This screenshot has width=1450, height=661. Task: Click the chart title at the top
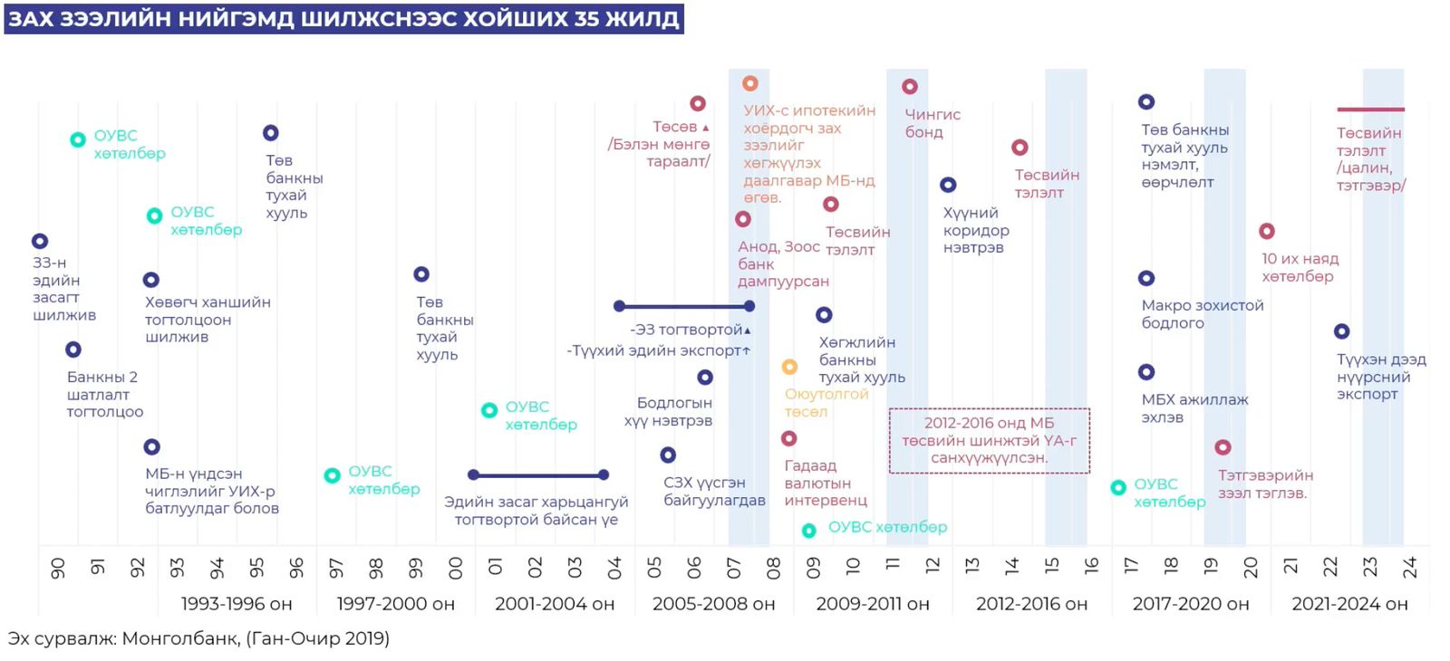coord(343,19)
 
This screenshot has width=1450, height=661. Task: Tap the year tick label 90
coord(57,569)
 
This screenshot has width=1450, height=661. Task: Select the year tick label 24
coord(1409,568)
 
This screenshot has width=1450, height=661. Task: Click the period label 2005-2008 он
coord(713,604)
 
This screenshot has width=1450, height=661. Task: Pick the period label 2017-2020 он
coord(1190,604)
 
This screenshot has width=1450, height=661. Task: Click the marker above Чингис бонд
coord(910,87)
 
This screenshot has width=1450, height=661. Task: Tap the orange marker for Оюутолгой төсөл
coord(789,367)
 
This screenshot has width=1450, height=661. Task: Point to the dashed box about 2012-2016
coord(989,441)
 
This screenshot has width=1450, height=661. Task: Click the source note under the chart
coord(198,638)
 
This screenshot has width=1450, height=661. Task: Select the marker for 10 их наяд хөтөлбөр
coord(1267,232)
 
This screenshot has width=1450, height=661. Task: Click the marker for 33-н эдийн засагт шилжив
coord(40,242)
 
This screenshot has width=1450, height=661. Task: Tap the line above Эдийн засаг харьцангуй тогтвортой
coord(537,474)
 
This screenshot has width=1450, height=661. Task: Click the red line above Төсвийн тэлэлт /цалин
coord(1370,110)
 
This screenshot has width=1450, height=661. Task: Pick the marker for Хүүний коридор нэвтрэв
coord(948,185)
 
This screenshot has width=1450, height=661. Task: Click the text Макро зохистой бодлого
coord(1202,314)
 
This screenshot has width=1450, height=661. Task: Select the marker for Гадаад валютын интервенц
coord(789,439)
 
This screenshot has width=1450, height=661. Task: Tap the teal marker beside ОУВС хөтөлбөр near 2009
coord(809,531)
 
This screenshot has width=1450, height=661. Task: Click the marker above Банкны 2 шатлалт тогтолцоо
coord(73,350)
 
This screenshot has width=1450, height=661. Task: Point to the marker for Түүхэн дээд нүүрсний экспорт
coord(1342,331)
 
